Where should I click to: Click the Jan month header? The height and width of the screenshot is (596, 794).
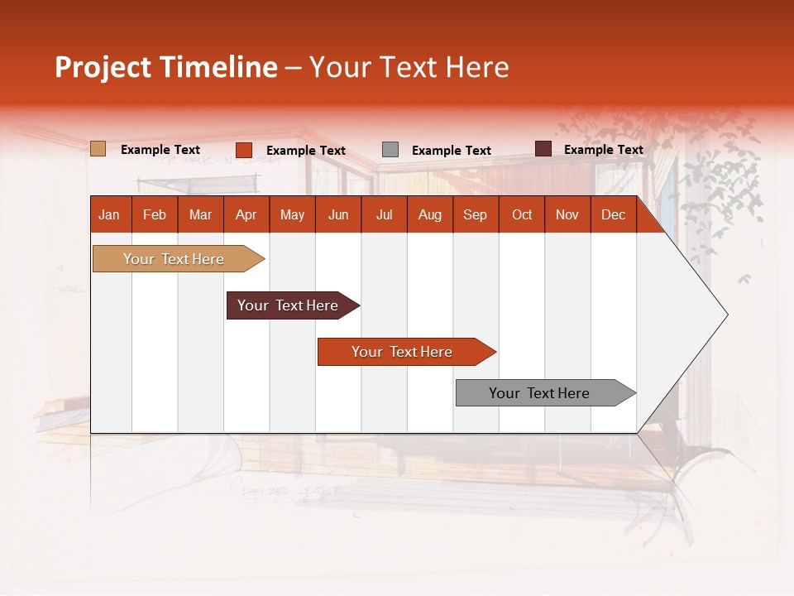(109, 214)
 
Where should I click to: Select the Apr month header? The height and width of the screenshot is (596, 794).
(246, 214)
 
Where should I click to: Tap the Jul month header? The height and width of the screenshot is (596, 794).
(384, 214)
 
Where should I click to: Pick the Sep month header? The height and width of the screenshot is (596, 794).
(475, 214)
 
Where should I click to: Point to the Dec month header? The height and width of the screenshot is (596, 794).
(613, 214)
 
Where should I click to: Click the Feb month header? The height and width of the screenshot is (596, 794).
(155, 214)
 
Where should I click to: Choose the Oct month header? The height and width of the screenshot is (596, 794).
(522, 214)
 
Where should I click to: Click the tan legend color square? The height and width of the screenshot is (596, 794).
(98, 149)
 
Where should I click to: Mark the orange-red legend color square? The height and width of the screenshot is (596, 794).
(244, 150)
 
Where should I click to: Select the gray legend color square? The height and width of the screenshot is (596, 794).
(390, 150)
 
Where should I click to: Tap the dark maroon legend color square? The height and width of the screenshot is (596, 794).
(543, 149)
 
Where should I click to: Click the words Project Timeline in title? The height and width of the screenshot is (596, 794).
(166, 67)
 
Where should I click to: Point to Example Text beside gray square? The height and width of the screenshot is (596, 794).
(452, 151)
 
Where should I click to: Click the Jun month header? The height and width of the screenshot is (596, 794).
(338, 214)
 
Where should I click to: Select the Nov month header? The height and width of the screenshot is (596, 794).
(567, 214)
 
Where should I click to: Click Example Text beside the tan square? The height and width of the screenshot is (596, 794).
(160, 150)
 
